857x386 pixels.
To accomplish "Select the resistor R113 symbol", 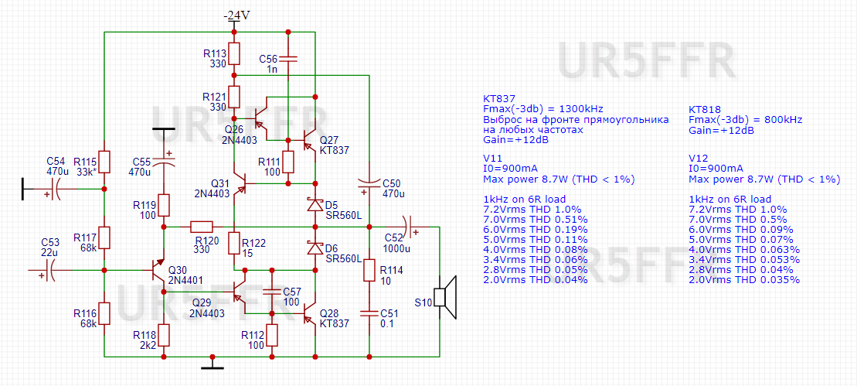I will tap(235, 54).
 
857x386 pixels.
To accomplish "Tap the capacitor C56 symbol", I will tap(287, 59).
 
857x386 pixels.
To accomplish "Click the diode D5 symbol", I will tap(315, 205).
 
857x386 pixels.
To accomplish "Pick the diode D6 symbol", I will tap(315, 248).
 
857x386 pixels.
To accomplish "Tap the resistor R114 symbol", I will tap(369, 270).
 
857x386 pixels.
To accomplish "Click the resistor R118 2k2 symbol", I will tap(165, 335).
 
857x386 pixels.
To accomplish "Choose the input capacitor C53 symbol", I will tap(52, 270).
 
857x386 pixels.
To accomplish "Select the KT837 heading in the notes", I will tap(500, 99).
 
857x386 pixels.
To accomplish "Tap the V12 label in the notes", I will tap(699, 157).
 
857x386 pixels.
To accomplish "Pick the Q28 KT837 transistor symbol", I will tap(309, 313).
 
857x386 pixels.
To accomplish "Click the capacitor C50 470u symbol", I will tap(369, 185).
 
